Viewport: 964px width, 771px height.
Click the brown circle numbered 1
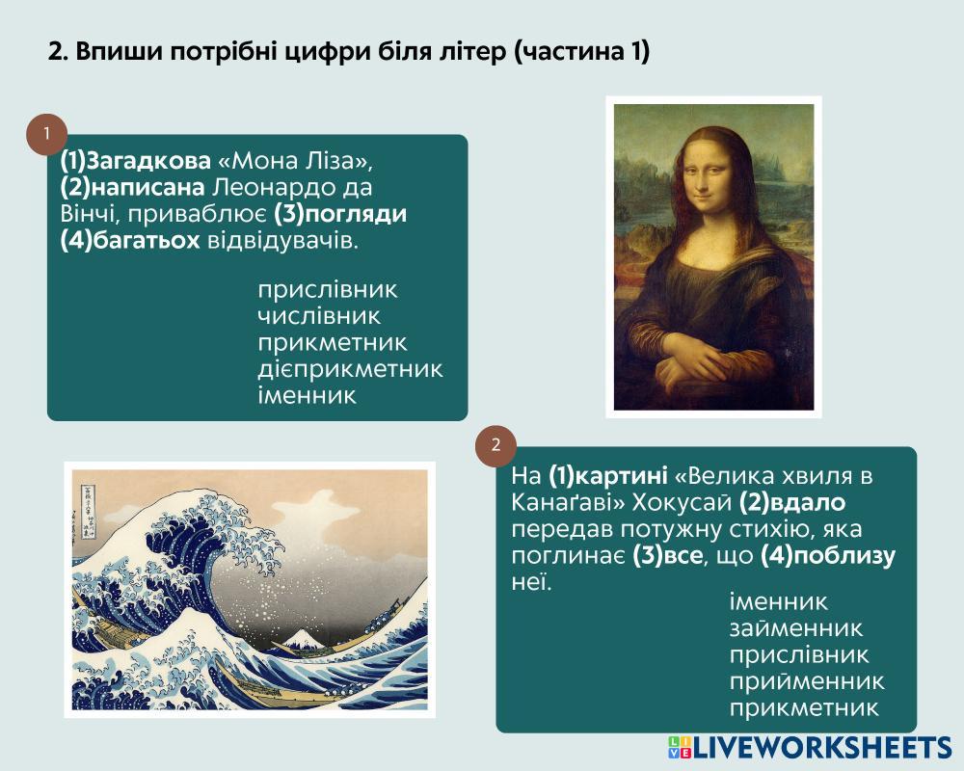point(46,134)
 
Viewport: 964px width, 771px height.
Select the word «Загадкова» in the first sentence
point(148,161)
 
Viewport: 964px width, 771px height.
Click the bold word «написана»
point(150,188)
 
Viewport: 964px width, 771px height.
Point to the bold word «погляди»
point(356,214)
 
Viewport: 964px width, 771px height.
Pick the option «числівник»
point(319,316)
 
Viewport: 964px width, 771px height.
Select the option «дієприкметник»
point(351,369)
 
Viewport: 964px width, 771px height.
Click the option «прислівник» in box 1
point(328,290)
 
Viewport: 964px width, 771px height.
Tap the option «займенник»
point(796,628)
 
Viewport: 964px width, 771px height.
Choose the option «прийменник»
point(807,681)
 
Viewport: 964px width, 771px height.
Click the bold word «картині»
point(621,476)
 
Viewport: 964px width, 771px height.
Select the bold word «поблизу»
point(843,556)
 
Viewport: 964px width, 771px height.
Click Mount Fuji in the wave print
point(301,639)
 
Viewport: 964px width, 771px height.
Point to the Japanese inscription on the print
point(88,512)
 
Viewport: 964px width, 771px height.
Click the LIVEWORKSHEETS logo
point(810,747)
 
